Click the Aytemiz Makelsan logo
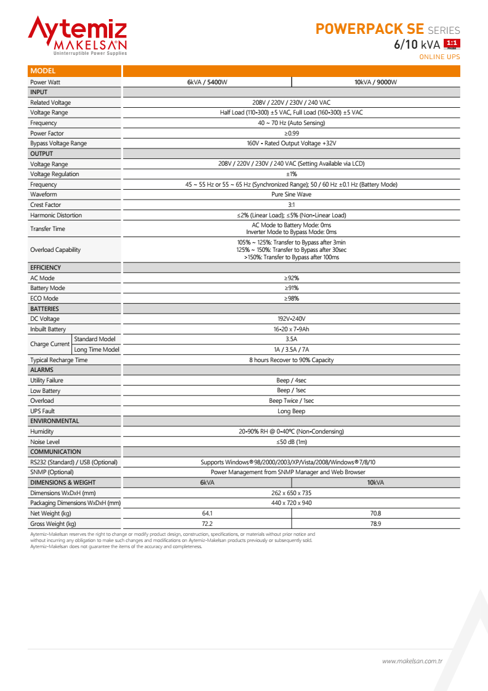[x=78, y=36]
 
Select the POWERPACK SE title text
[x=369, y=29]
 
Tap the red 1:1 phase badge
[x=452, y=43]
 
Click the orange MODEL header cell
[x=74, y=71]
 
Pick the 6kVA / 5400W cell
[x=207, y=82]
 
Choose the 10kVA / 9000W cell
[x=375, y=82]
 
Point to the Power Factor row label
[x=47, y=133]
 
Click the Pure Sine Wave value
[x=291, y=195]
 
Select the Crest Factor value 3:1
[x=291, y=205]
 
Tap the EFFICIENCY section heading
[x=46, y=268]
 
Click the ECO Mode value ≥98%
[x=291, y=299]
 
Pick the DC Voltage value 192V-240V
[x=291, y=319]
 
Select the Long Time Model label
[x=96, y=350]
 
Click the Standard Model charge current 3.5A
[x=291, y=339]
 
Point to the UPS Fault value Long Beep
[x=291, y=411]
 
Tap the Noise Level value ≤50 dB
[x=291, y=442]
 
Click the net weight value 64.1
[x=207, y=514]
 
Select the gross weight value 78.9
[x=375, y=524]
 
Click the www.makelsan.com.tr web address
[x=412, y=661]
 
